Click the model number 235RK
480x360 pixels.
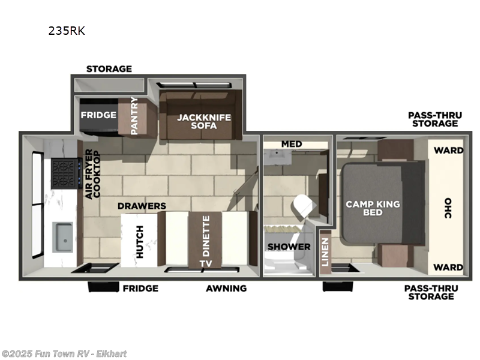point(67,31)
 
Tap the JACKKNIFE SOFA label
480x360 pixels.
point(196,122)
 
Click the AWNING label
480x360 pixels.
point(226,288)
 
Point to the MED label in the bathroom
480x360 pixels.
point(292,144)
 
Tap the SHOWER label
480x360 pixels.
point(289,247)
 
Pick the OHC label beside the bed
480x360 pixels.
point(448,208)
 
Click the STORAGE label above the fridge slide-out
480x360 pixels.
point(109,69)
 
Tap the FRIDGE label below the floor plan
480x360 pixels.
point(140,288)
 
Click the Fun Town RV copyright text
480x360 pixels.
point(64,353)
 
